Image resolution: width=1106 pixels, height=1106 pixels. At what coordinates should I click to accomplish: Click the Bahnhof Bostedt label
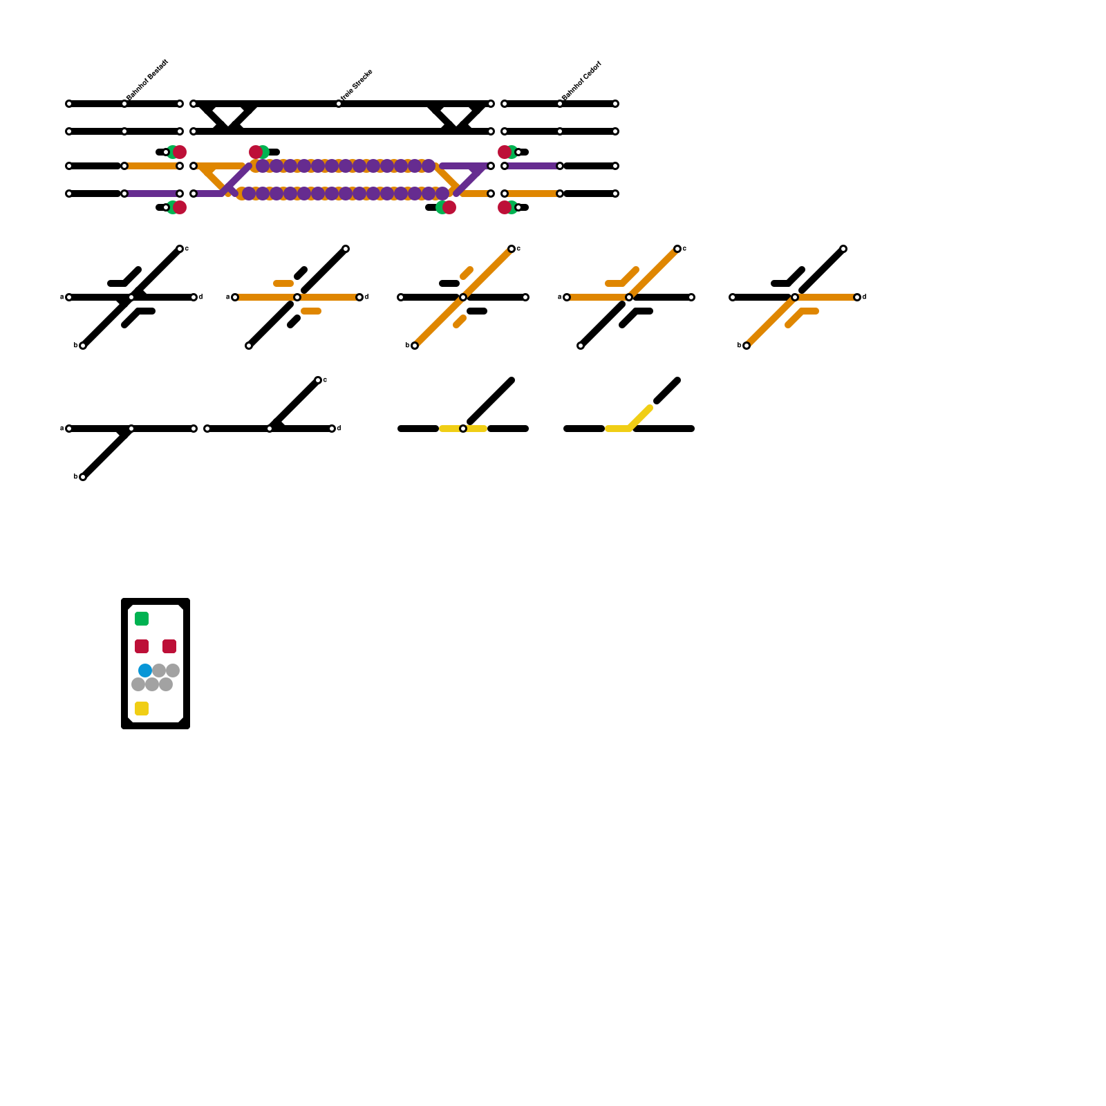(147, 80)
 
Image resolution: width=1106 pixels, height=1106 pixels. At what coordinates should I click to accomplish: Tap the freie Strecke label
(357, 84)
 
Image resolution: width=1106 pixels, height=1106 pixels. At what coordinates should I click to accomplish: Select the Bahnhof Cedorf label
(581, 81)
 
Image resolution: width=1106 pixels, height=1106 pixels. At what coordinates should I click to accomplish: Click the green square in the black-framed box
(142, 619)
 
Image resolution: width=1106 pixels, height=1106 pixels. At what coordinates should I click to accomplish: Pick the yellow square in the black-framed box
(142, 709)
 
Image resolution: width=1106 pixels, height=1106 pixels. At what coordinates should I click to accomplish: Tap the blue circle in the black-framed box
(145, 671)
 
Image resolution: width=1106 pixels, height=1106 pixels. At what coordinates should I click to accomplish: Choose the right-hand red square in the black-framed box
(169, 646)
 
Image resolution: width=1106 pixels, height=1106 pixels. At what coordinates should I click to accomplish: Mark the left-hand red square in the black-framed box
(142, 646)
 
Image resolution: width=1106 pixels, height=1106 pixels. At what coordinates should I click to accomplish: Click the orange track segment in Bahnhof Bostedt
(152, 166)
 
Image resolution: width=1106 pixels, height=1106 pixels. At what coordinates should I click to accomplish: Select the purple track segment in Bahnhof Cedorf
(532, 166)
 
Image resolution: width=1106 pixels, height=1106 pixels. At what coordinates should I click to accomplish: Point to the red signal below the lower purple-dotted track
(449, 207)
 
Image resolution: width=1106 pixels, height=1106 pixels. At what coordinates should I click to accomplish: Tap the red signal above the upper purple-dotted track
(256, 152)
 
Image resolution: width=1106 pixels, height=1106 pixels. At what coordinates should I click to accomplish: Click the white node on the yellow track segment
(463, 429)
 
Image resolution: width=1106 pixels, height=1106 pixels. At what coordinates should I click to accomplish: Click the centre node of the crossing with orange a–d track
(297, 297)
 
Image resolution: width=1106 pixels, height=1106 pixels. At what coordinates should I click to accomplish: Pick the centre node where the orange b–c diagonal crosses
(463, 297)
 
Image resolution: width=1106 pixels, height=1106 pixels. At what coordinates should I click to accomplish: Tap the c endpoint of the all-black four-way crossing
(180, 249)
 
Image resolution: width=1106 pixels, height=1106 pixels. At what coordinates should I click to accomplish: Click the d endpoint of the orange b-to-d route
(857, 297)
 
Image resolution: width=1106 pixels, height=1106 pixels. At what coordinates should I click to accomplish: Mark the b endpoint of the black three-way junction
(83, 477)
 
